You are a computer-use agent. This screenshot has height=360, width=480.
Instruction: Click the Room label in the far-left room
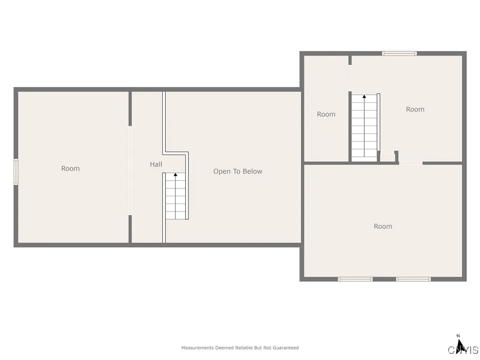pos(70,168)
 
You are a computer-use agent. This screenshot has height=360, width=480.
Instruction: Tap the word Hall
pos(156,164)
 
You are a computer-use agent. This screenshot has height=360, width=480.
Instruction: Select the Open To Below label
pos(238,171)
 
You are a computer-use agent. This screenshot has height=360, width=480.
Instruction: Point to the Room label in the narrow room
pos(326,114)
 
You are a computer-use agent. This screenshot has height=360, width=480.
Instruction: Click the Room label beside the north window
pos(415,109)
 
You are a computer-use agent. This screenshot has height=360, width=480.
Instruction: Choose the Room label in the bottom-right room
pos(382,226)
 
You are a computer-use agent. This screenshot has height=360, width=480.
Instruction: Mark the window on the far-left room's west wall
pos(15,172)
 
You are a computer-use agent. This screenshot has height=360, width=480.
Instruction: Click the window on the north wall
pos(399,53)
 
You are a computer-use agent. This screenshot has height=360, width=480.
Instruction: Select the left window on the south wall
pos(355,279)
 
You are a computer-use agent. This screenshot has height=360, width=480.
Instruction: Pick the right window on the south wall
pos(413,279)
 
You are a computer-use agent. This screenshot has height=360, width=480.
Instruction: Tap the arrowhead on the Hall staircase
pos(176,175)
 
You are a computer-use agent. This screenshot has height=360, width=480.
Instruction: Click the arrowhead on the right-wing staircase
pos(364,97)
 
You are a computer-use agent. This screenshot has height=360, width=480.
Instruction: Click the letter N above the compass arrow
pos(458,335)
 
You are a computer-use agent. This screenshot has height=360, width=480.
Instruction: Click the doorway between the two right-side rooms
pos(411,163)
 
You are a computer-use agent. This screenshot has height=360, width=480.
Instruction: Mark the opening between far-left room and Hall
pos(130,171)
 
